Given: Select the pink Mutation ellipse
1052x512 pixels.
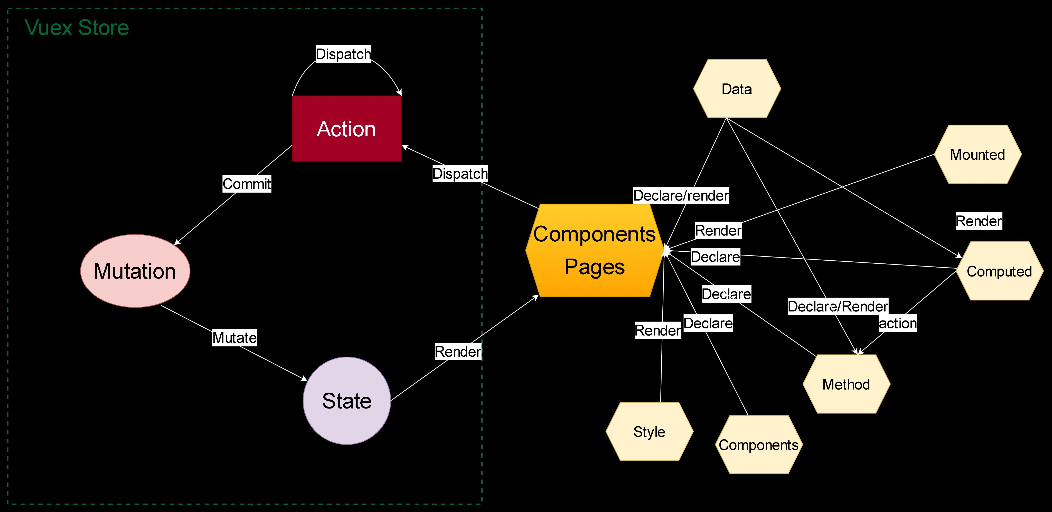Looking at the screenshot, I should click(135, 271).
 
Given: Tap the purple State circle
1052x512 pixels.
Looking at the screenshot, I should click(347, 401).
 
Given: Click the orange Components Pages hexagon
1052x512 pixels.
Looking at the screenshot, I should click(594, 250).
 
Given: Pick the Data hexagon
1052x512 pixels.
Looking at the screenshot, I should click(737, 89).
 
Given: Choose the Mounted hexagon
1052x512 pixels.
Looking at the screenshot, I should click(978, 154).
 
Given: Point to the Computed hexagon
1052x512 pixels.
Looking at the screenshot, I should click(999, 271).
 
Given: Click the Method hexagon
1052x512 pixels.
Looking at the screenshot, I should click(846, 384).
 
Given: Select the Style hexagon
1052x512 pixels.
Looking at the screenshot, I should click(649, 432).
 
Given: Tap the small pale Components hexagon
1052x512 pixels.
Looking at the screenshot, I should click(759, 445).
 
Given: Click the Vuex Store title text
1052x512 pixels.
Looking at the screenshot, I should click(77, 28).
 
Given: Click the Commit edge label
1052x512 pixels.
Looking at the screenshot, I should click(247, 184).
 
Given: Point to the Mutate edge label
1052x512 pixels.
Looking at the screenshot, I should click(234, 338).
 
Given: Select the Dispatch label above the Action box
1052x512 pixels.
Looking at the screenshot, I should click(343, 54).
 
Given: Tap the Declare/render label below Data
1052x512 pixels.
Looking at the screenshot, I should click(681, 196).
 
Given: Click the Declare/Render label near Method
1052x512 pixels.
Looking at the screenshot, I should click(838, 306).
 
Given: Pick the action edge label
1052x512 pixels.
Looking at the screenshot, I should click(898, 323).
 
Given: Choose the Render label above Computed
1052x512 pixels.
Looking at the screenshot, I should click(979, 221).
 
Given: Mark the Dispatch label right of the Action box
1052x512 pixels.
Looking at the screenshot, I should click(460, 174).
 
